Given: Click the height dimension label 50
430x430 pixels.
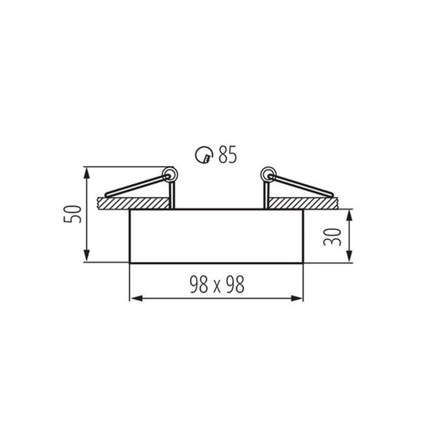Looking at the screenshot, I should [x=72, y=214].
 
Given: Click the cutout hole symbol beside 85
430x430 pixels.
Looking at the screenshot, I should [x=202, y=156].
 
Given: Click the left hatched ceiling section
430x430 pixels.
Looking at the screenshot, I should [x=136, y=203].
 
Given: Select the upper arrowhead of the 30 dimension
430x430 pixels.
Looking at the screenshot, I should [x=352, y=214].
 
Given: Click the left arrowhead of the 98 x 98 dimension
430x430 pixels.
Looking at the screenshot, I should [x=136, y=299].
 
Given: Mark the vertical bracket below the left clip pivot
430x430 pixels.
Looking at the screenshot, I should [x=174, y=194].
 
